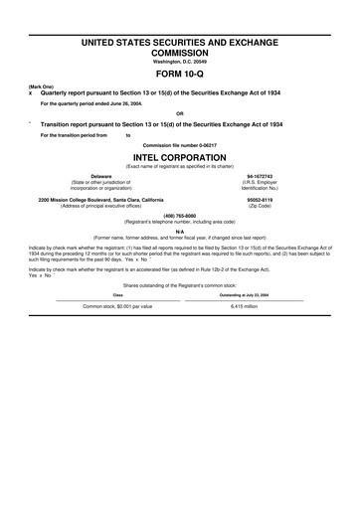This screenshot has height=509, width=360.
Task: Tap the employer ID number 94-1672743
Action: click(260, 176)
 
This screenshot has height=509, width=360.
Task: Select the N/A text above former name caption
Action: click(180, 231)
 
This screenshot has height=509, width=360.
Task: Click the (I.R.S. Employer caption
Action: click(260, 182)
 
